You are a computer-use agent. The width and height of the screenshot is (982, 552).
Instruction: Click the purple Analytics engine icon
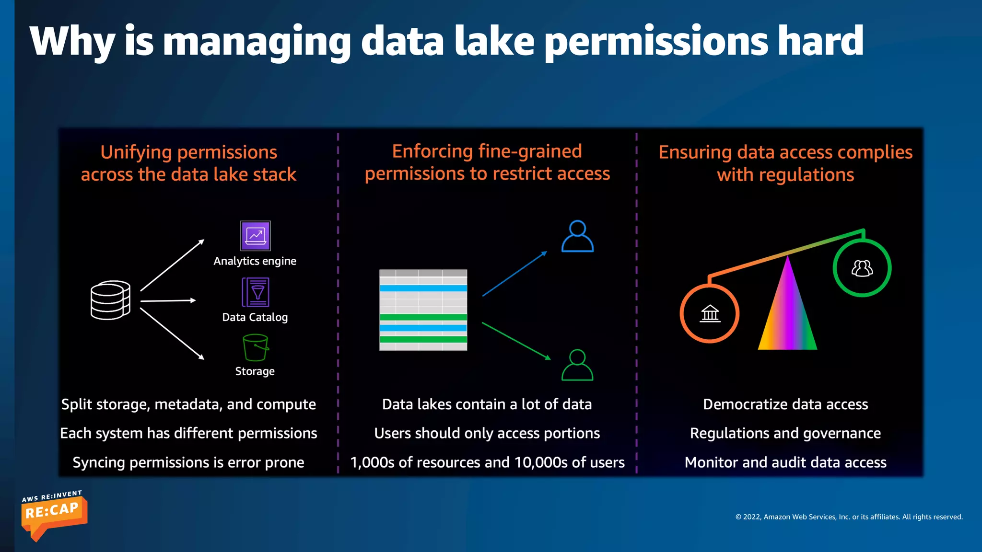(255, 236)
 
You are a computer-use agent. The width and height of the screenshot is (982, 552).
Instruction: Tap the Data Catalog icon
(255, 292)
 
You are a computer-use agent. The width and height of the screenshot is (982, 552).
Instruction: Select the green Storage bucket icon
(255, 347)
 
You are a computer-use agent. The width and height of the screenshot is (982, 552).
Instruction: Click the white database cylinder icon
(110, 300)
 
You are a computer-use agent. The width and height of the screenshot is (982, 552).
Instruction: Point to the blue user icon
(577, 236)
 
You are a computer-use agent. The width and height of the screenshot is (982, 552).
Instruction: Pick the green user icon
(577, 365)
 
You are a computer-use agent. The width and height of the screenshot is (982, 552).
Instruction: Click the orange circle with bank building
(710, 313)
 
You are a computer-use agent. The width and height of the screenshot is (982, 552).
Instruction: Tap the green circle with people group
(862, 268)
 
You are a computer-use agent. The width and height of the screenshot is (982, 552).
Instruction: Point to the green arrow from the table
(516, 341)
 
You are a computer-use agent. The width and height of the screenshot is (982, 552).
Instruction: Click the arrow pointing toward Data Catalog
(168, 301)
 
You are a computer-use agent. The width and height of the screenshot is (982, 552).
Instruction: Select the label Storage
(255, 371)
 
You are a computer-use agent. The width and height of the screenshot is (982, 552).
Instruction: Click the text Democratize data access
(785, 404)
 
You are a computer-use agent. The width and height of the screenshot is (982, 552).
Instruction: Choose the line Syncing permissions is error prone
(188, 462)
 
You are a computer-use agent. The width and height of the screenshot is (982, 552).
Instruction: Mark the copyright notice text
(849, 517)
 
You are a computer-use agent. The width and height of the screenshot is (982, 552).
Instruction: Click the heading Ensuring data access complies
(785, 152)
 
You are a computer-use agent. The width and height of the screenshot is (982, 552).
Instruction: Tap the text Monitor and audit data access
(785, 462)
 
